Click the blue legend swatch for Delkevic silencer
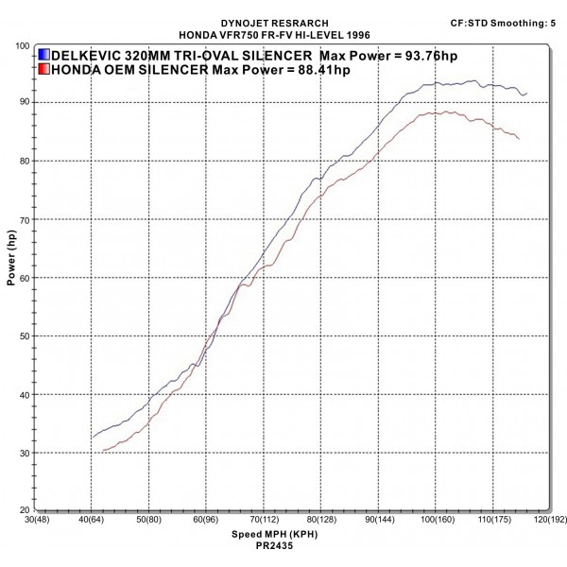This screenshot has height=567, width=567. click(x=45, y=55)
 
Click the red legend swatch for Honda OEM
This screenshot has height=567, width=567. click(x=45, y=68)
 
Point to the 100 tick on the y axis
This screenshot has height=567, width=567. click(x=21, y=45)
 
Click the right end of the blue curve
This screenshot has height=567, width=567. click(x=526, y=93)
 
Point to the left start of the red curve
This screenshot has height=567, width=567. click(x=102, y=451)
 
